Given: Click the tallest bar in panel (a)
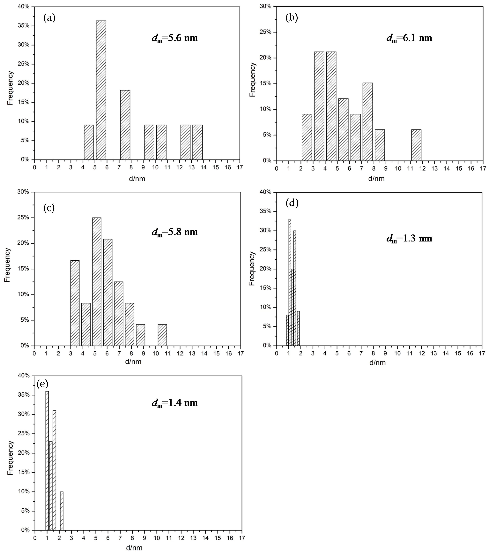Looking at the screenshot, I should point(101,90).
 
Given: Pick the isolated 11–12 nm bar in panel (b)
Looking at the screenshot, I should point(416,145).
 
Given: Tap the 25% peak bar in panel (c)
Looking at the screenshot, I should point(97,282).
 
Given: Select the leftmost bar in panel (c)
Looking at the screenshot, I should point(75,303).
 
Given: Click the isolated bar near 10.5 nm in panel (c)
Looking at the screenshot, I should point(162,335).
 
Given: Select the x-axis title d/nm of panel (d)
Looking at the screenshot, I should point(377,363).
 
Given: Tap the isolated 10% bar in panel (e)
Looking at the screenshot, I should point(62,511).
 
